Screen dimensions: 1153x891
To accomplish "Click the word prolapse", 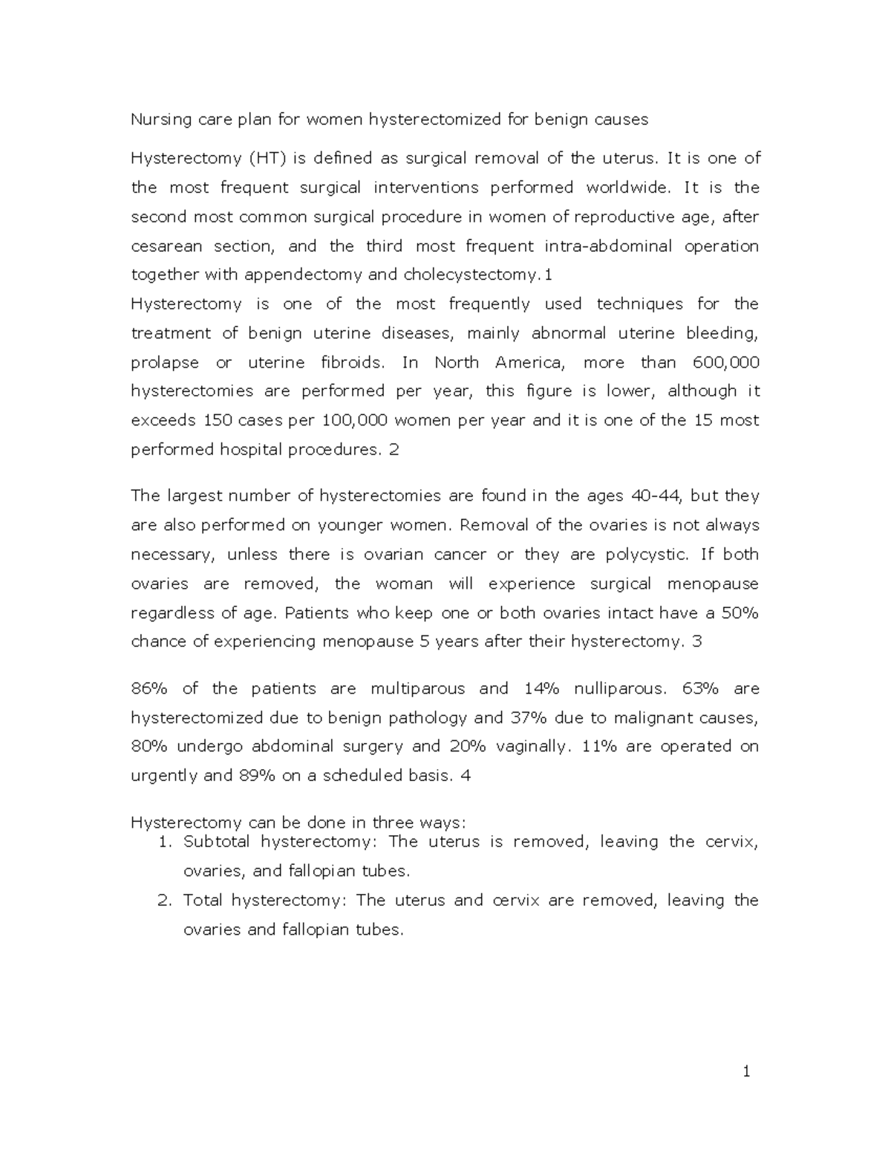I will click(x=165, y=363).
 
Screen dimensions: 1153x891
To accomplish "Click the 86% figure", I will click(x=149, y=689).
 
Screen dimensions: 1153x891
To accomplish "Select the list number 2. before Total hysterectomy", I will click(x=165, y=901).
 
